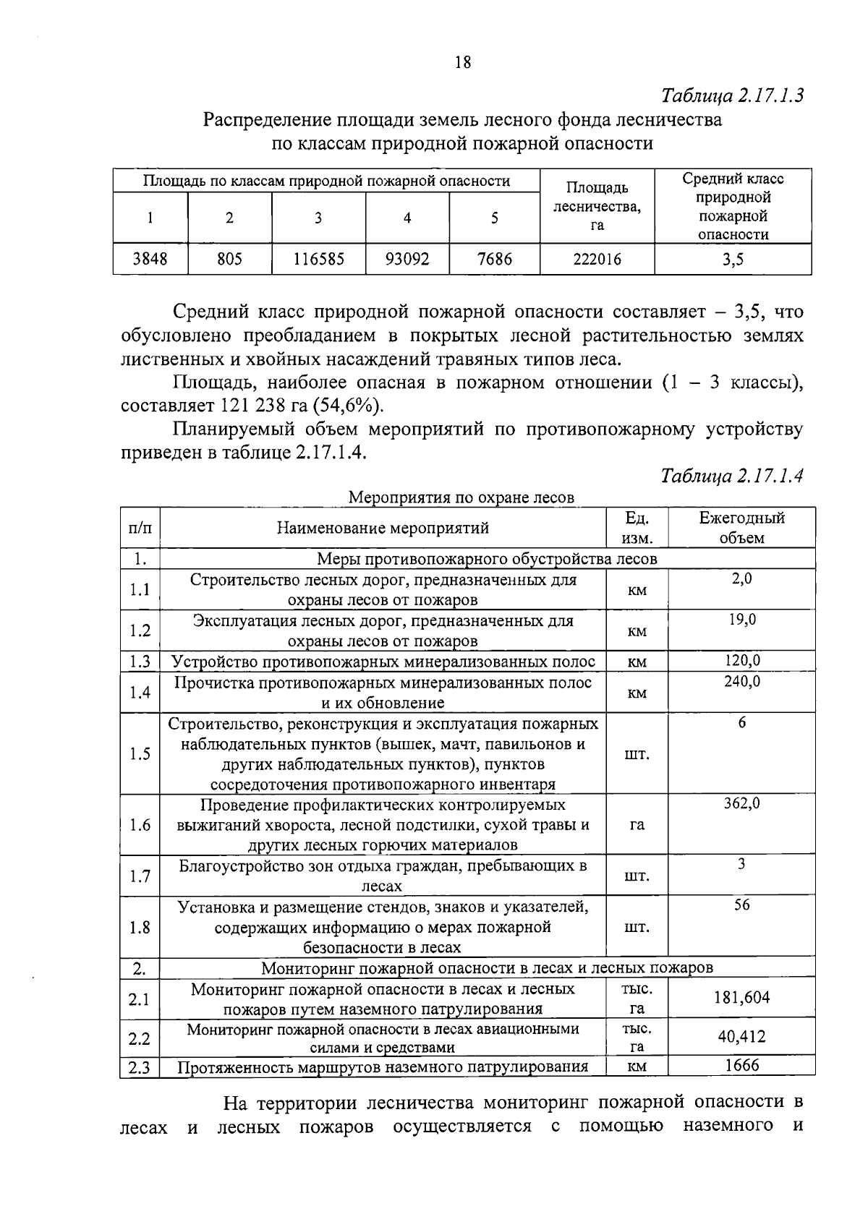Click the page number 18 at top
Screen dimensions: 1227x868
[x=463, y=62]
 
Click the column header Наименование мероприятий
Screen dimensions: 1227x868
[x=383, y=528]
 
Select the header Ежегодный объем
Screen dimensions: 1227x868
[x=741, y=528]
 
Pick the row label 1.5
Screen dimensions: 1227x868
[x=140, y=754]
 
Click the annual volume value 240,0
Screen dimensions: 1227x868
[x=742, y=681]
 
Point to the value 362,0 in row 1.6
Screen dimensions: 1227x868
[x=742, y=803]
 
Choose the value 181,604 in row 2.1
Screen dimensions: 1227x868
[x=742, y=999]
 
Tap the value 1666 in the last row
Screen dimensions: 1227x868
[x=742, y=1065]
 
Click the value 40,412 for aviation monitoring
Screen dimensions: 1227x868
[x=742, y=1038]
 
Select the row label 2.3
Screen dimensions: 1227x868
[x=140, y=1067]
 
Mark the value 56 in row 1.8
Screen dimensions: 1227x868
[x=742, y=905]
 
